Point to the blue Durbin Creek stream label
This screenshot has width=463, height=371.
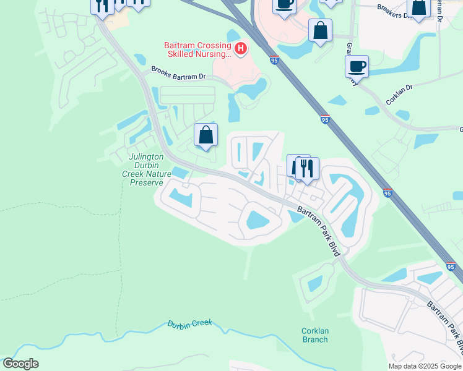tap(189, 323)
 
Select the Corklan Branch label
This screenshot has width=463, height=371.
tap(314, 335)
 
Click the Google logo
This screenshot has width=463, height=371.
tap(20, 364)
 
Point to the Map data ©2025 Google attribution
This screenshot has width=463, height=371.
tap(425, 366)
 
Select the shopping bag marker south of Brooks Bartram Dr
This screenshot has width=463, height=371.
tap(206, 135)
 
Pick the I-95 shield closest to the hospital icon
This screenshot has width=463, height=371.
tap(274, 60)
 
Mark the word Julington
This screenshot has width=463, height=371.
tap(147, 157)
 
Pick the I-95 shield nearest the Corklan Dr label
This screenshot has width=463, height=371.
tap(326, 120)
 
